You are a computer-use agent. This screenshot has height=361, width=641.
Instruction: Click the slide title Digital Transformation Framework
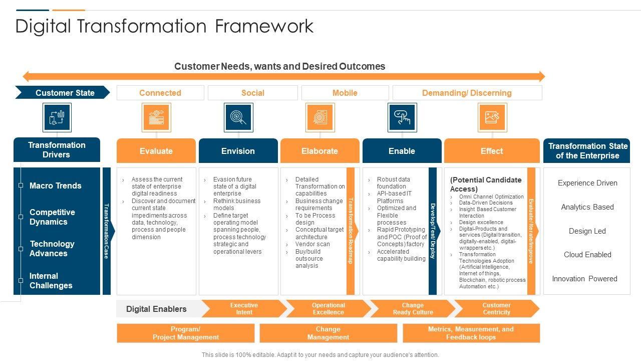[164, 26]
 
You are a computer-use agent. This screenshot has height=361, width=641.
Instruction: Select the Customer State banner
[63, 93]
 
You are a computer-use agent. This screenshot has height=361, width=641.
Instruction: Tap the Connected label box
[160, 93]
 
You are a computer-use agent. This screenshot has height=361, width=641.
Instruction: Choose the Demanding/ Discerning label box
[467, 93]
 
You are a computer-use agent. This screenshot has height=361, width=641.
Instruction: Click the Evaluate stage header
[156, 151]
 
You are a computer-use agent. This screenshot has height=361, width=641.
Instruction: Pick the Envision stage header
[238, 151]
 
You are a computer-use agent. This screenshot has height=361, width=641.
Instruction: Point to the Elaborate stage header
[320, 151]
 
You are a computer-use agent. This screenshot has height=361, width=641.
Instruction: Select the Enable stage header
[402, 151]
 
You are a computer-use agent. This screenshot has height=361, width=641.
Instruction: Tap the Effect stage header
[492, 151]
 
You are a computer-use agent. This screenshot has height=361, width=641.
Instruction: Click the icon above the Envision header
[238, 117]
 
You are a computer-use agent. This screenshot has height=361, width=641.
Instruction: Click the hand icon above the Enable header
[402, 117]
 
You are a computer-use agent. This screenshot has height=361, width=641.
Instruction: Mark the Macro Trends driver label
[55, 186]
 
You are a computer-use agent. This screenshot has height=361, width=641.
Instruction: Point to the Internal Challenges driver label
[51, 281]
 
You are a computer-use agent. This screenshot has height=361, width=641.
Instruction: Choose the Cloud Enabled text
[587, 255]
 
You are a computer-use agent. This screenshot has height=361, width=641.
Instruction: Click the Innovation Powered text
[584, 279]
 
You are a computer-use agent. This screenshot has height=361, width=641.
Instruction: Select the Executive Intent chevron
[244, 309]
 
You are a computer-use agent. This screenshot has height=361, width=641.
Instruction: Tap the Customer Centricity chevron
[496, 309]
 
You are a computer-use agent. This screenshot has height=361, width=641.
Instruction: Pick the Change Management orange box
[328, 333]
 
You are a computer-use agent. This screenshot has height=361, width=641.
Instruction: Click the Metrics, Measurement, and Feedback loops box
[471, 333]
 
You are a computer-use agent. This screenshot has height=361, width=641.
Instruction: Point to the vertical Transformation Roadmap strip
[351, 231]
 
